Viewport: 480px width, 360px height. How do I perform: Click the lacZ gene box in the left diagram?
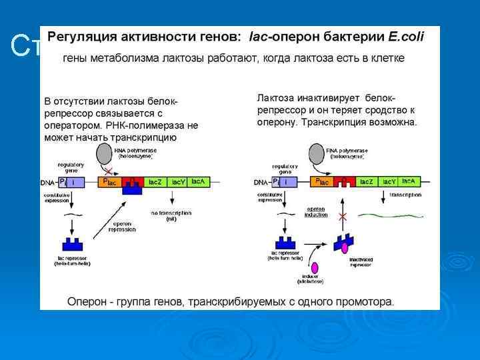tap(155, 181)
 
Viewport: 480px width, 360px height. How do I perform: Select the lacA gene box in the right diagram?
tap(408, 181)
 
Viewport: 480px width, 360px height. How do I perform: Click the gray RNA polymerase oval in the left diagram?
tap(106, 154)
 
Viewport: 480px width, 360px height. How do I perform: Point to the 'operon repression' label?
tap(121, 226)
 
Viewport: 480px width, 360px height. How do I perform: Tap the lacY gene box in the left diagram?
tap(178, 181)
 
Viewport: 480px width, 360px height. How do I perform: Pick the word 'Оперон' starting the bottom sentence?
tap(87, 301)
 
